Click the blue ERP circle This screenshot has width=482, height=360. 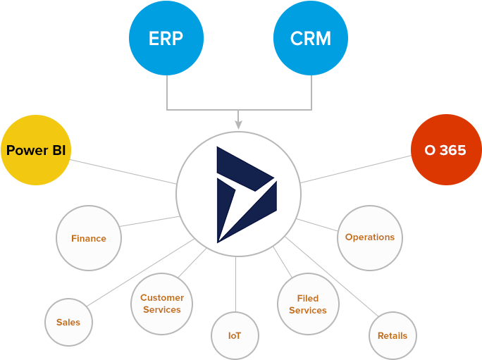pos(166,38)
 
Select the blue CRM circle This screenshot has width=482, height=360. pos(311,38)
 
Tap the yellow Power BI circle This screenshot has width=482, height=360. pos(36,150)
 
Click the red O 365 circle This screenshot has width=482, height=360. pos(445,150)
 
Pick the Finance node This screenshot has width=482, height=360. pos(89,238)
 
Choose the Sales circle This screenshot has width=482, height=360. pos(68,322)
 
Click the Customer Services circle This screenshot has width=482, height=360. pos(162,304)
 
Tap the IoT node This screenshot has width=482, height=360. pos(235,335)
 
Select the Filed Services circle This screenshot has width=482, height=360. pos(308,304)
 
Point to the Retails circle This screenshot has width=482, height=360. pos(393,335)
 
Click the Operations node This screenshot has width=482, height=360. pos(370,237)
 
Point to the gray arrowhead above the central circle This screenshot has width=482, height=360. pos(238,124)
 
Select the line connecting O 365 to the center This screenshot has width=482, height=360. pos(356,169)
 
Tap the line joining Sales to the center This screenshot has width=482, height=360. pos(141,273)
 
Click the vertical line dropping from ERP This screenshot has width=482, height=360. pos(167,92)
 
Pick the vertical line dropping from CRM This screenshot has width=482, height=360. pos(311,92)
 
